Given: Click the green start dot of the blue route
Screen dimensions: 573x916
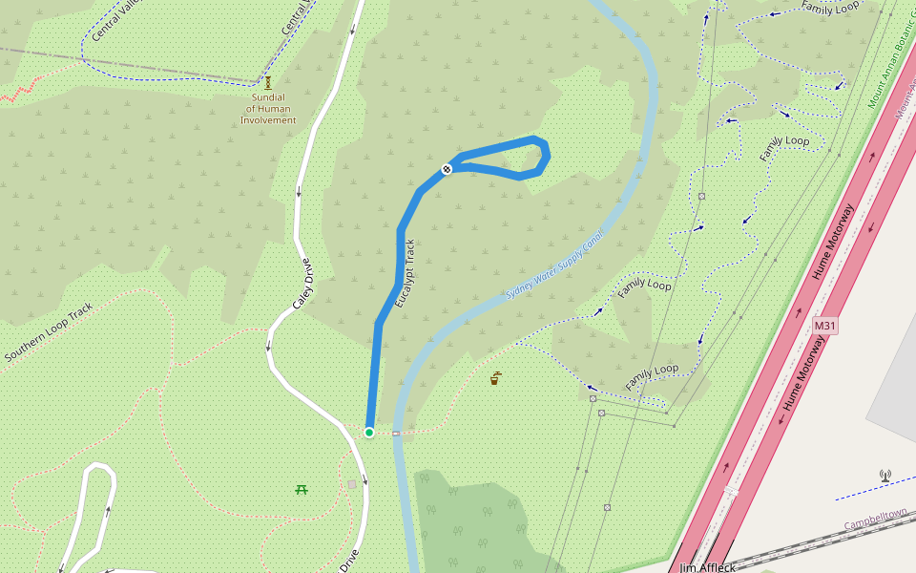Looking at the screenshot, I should (369, 433).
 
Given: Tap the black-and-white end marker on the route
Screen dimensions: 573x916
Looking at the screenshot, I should (446, 169).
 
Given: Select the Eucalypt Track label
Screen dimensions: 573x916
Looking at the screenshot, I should (406, 272).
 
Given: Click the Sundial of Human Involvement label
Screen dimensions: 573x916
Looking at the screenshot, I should (268, 109).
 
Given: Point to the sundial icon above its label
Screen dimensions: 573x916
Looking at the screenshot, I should (268, 83).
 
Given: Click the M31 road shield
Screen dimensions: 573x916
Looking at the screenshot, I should (825, 327).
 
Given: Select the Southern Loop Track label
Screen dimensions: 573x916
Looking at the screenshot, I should (49, 332).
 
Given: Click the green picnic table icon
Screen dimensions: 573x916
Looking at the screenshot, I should (302, 489).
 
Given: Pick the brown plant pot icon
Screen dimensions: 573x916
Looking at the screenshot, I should (495, 379).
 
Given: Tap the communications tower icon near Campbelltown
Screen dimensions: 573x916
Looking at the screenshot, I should (885, 475).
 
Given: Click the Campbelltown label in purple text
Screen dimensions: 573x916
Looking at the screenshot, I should (875, 520).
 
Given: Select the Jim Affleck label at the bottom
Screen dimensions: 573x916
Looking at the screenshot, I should (707, 567).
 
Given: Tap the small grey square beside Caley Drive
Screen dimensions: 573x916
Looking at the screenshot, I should (351, 484).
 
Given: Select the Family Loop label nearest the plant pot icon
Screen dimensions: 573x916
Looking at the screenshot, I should (652, 375).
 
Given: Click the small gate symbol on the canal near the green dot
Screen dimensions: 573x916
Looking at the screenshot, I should (395, 433).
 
